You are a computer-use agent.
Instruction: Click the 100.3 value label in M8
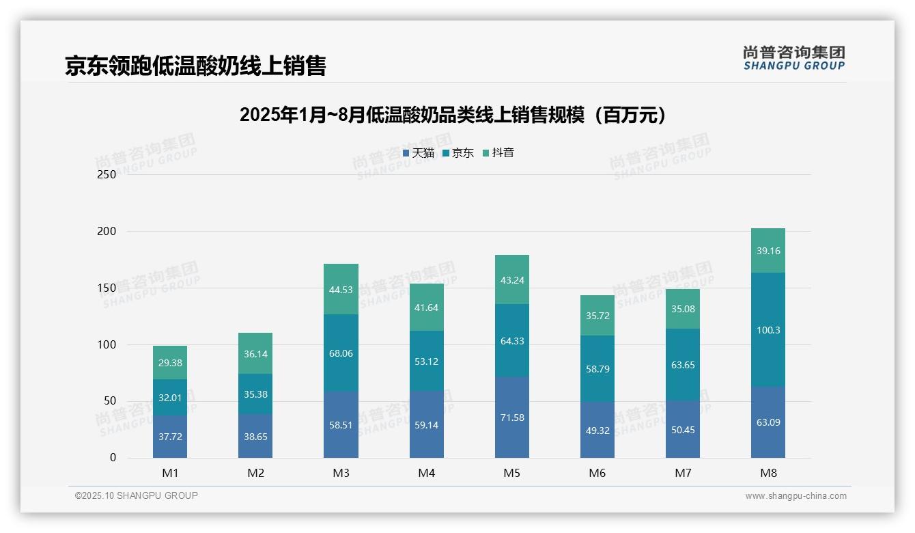(768, 330)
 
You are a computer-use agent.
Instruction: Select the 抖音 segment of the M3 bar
(341, 289)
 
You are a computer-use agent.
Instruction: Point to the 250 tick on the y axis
(107, 174)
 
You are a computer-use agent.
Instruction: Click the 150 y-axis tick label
(107, 288)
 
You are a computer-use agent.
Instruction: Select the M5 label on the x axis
(511, 473)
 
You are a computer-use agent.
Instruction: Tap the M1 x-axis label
(170, 473)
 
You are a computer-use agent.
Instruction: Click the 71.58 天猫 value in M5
(511, 418)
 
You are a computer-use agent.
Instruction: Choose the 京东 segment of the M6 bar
(597, 368)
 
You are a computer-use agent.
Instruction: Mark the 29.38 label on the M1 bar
(170, 363)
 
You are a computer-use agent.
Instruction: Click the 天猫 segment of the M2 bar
(255, 436)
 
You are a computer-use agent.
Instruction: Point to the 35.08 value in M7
(683, 309)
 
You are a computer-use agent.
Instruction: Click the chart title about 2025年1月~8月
(452, 115)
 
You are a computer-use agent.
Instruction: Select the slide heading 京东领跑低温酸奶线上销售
(195, 66)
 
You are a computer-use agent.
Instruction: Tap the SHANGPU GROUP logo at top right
(793, 58)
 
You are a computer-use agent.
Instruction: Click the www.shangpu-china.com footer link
(796, 496)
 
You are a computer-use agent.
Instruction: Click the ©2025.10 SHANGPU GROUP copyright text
(137, 495)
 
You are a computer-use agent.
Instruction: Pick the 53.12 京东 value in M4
(426, 361)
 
